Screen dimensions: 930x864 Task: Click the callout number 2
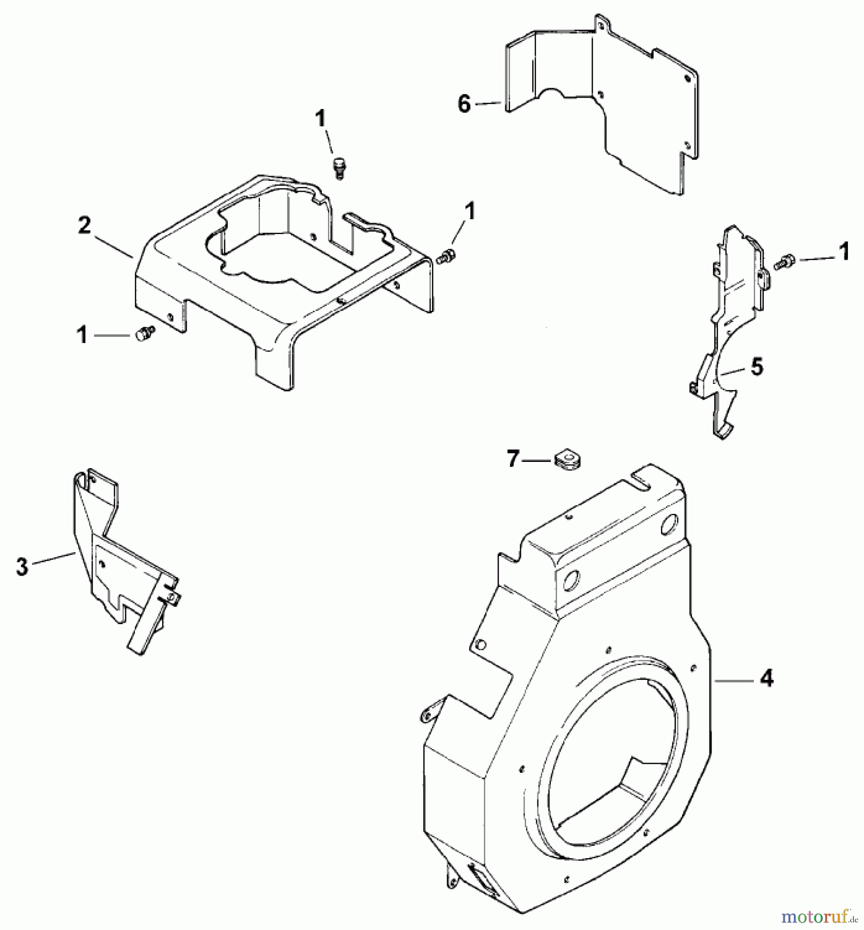pos(84,226)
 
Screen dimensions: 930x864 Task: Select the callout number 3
pos(22,567)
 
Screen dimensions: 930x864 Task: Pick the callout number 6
pos(464,105)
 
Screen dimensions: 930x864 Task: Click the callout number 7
pos(512,458)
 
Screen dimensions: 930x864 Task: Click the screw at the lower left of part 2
pos(142,335)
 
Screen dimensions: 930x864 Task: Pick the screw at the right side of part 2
pos(446,256)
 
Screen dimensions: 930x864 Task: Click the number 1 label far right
pos(843,253)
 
